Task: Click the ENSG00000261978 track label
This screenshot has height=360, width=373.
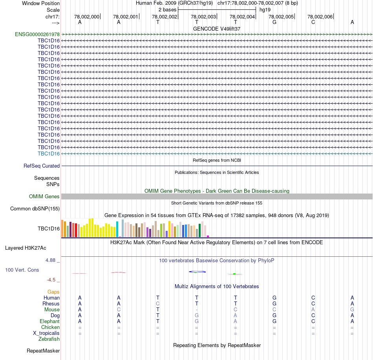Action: (x=37, y=34)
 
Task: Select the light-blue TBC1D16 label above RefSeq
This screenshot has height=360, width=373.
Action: (x=49, y=154)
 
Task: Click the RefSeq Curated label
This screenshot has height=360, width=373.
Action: (x=42, y=166)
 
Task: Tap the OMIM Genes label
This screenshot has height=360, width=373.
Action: (x=44, y=196)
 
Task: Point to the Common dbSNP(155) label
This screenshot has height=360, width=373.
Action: (x=35, y=208)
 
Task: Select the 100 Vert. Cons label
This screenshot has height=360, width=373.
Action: (x=22, y=270)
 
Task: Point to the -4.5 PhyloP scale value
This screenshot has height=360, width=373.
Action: (x=51, y=280)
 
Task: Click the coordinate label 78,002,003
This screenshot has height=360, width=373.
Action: (x=203, y=16)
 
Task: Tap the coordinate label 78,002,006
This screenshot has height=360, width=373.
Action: (x=320, y=16)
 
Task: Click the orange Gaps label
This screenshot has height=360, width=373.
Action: (x=53, y=292)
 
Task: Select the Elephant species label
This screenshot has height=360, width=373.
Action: (x=49, y=321)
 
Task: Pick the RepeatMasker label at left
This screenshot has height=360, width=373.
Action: (x=43, y=351)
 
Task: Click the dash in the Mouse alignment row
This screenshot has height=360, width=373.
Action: (x=197, y=310)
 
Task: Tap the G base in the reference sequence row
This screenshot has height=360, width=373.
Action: (x=274, y=22)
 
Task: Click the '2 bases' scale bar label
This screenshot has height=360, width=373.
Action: (x=168, y=9)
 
